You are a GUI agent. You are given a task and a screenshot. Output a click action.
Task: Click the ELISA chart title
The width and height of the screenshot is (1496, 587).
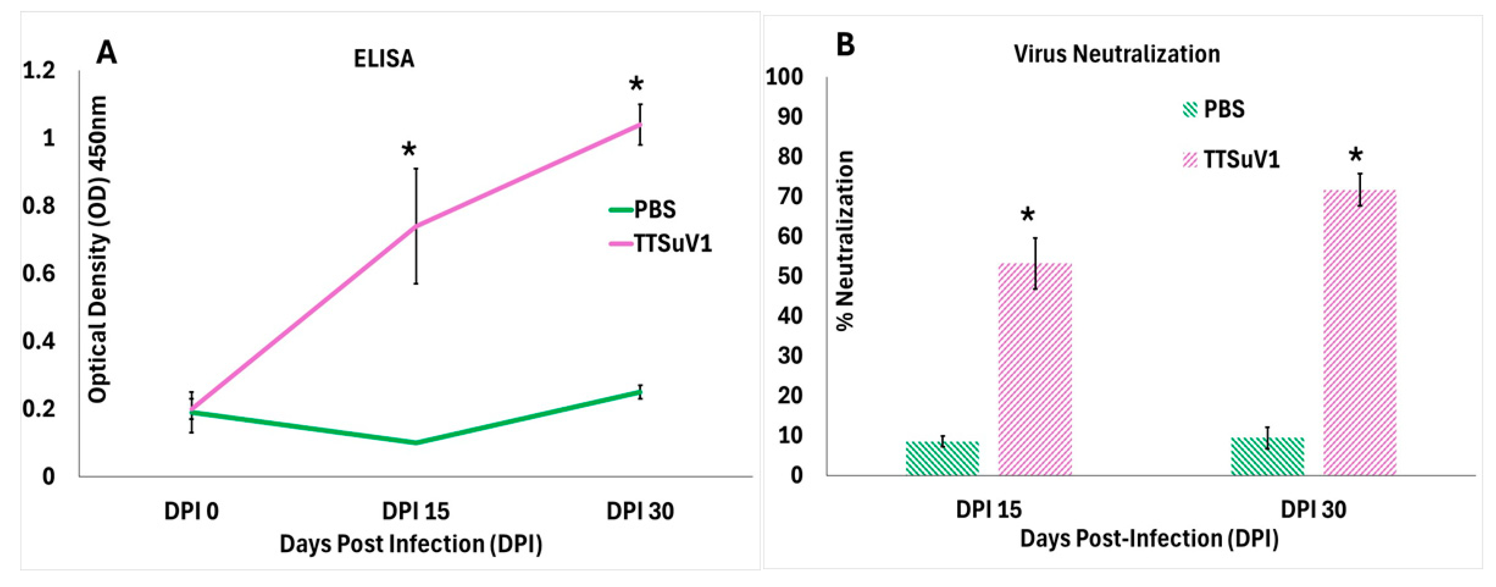coord(384,59)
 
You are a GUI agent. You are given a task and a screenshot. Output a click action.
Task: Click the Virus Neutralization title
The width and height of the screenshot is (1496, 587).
coord(1116,54)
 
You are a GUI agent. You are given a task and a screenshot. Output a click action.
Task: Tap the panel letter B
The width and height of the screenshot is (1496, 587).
coord(845,44)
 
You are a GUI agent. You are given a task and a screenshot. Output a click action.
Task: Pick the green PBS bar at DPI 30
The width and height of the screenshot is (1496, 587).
coord(1267,456)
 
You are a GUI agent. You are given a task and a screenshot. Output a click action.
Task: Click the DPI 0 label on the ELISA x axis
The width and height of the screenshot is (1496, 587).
coord(191,512)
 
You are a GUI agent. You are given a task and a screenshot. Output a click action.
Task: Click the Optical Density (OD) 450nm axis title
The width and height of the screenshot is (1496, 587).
coord(97,250)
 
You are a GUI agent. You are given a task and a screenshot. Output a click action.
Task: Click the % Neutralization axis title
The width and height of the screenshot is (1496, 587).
coord(845,240)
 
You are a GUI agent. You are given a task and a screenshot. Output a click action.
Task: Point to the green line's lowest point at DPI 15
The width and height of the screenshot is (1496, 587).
coord(416,443)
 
